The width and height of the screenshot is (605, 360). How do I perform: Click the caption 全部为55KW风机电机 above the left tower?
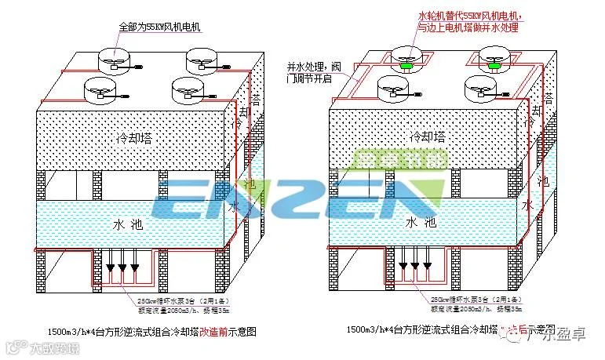[x=159, y=27]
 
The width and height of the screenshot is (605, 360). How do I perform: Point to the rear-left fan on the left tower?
[x=113, y=59]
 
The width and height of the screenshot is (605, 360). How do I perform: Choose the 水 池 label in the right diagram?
[x=422, y=224]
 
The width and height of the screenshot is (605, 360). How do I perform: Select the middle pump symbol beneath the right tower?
[x=414, y=277]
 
